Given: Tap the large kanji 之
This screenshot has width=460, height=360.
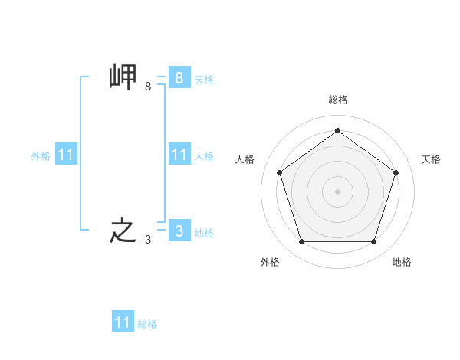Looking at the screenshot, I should (x=123, y=231).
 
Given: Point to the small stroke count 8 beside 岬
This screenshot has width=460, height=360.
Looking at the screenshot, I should (x=148, y=87).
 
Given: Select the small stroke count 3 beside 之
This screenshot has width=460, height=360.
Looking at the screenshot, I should (x=148, y=240).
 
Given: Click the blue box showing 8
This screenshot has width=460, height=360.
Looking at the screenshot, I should (x=179, y=77).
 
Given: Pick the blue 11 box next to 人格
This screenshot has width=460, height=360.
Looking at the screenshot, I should (x=179, y=155).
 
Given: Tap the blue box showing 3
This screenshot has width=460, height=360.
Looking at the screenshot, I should (x=179, y=231).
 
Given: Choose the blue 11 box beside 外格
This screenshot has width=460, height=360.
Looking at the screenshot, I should (x=66, y=155).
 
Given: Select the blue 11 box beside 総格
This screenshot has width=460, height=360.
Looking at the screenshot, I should (x=123, y=322).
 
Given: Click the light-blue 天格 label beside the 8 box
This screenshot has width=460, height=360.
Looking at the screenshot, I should (x=204, y=80).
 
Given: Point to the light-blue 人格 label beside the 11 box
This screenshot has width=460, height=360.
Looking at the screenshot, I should (x=204, y=156).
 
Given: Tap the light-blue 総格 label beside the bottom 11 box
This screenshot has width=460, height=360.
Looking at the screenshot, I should (x=147, y=324).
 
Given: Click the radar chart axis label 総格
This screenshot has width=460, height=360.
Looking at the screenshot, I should (x=337, y=100).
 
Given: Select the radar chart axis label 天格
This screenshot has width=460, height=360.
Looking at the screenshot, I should (x=432, y=159).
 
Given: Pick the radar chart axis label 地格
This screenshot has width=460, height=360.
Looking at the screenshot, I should (x=402, y=262).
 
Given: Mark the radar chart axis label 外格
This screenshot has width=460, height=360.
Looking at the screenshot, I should (x=270, y=262).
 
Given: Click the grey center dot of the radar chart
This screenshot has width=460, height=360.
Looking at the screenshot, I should (x=337, y=191).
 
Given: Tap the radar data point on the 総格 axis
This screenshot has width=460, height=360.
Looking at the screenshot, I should (x=337, y=130).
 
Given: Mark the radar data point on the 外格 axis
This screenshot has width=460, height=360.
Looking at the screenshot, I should (x=301, y=242).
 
